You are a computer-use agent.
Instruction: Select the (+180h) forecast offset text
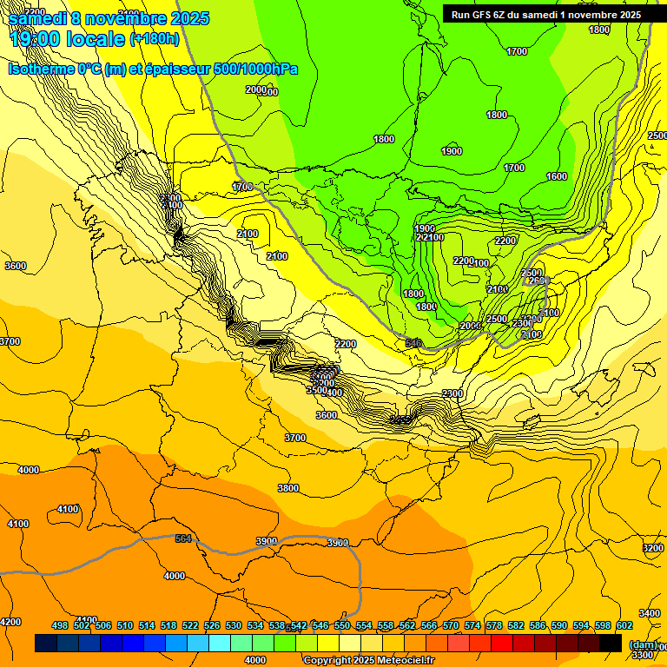[154, 39]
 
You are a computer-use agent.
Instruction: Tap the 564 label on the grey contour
[183, 539]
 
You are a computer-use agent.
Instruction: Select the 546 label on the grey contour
[413, 344]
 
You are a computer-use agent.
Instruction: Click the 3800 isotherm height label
[288, 488]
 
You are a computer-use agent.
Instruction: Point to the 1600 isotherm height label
[557, 176]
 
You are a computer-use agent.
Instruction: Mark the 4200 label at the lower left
[10, 622]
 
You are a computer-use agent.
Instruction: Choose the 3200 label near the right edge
[653, 548]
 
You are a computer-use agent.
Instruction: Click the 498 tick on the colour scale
[60, 626]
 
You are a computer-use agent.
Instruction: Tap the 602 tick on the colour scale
[625, 626]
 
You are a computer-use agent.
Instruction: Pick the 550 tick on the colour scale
[342, 626]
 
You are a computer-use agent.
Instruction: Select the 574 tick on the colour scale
[472, 626]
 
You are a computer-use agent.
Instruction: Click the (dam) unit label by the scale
[643, 644]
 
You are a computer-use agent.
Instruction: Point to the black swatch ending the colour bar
[611, 643]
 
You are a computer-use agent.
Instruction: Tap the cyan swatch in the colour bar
[220, 643]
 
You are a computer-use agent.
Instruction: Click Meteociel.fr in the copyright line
[405, 661]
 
